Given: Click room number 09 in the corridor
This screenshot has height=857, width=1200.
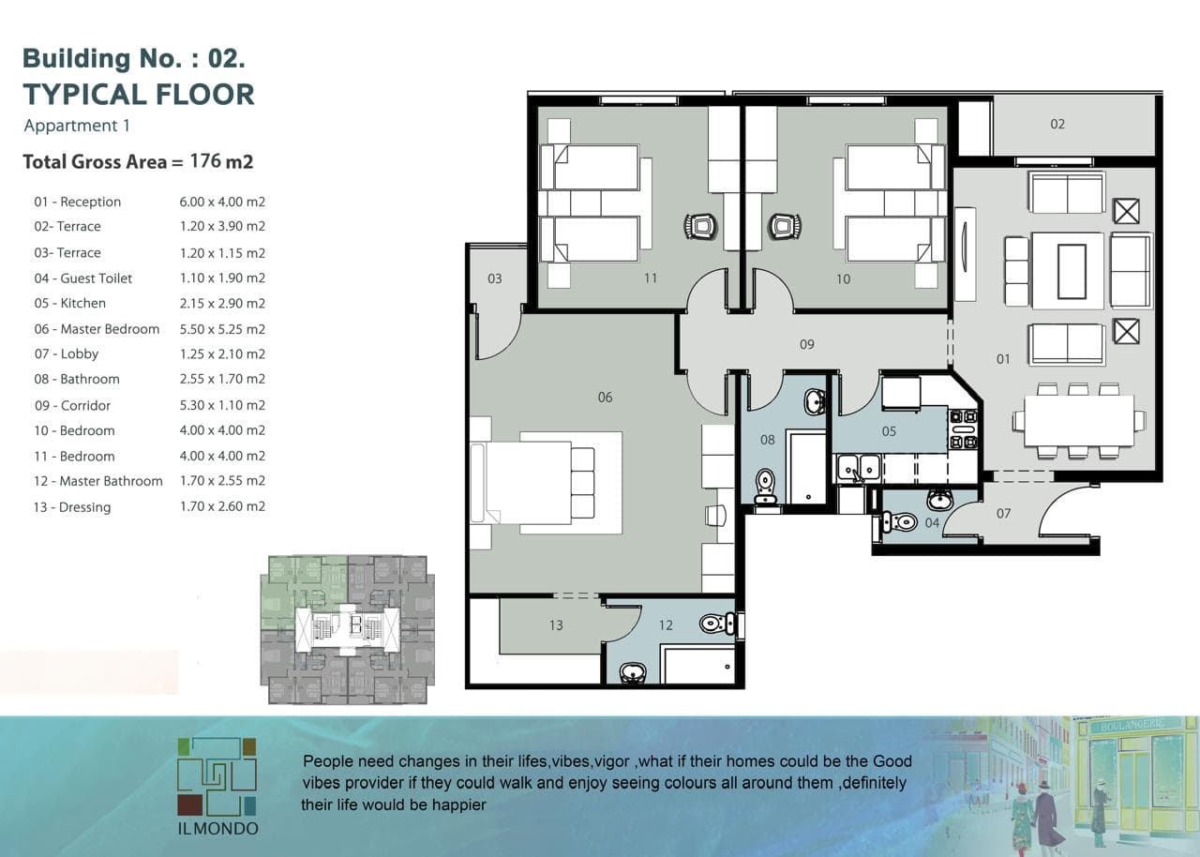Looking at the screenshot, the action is (807, 344).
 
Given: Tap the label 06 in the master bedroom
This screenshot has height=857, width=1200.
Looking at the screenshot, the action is (605, 398).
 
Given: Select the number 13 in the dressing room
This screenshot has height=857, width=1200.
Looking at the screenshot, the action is (556, 625).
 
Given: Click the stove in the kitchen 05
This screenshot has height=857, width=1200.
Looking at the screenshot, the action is (963, 429).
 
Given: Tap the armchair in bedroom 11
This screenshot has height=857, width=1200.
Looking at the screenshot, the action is (700, 226).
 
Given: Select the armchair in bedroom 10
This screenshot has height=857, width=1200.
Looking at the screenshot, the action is (785, 226).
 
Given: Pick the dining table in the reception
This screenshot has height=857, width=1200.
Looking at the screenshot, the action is (1078, 421).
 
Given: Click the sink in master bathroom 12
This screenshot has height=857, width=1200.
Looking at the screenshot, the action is (633, 672).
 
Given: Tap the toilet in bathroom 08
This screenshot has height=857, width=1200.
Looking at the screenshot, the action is (766, 486).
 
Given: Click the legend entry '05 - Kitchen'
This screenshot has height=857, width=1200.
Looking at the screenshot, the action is (70, 303).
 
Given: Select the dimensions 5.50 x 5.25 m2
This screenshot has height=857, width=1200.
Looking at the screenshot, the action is (222, 329).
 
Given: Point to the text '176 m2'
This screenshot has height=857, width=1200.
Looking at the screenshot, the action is (222, 161).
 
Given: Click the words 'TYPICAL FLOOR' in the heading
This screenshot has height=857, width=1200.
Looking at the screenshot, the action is (139, 95).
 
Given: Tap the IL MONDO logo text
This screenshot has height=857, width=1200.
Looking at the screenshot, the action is (218, 829).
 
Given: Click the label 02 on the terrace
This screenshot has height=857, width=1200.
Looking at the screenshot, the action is (1057, 125).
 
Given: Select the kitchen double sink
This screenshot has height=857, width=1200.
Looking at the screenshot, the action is (859, 468).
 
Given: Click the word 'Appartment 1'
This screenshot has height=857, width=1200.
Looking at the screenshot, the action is (77, 126).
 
